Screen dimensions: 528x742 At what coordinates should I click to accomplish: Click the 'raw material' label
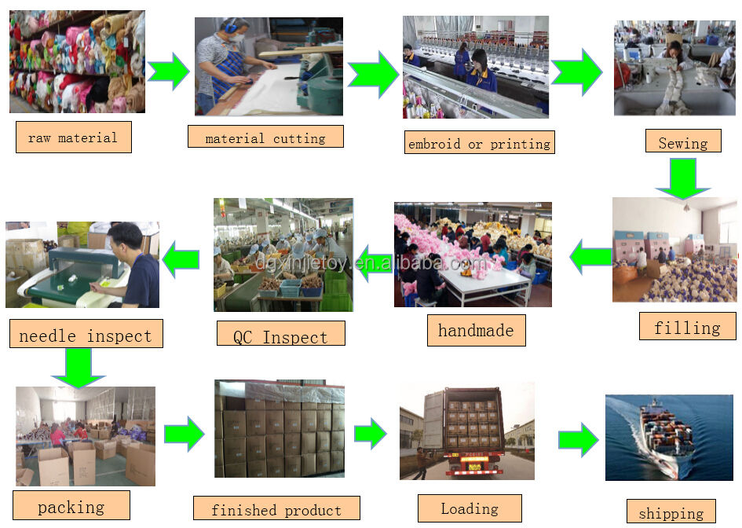tap(73, 137)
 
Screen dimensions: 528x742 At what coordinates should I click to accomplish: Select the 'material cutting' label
tap(265, 137)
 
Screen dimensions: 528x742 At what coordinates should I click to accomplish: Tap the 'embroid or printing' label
tap(479, 143)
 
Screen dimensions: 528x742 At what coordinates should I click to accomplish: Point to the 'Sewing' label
tap(682, 142)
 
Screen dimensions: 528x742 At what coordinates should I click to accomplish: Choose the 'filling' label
tap(687, 327)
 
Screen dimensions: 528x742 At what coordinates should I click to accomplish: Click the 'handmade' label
tap(476, 330)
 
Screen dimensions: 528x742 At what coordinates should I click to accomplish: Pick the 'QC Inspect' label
tap(280, 336)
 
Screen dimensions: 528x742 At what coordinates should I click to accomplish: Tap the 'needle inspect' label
tap(85, 335)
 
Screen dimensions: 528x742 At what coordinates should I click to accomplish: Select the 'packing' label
tap(71, 507)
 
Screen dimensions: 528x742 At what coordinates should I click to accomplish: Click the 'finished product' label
tap(276, 509)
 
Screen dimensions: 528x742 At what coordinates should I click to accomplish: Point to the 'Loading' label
tap(470, 508)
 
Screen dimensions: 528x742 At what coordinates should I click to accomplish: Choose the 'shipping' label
tap(671, 512)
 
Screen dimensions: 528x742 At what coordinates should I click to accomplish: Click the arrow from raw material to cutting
tap(168, 71)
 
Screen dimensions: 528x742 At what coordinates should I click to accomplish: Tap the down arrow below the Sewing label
tap(682, 178)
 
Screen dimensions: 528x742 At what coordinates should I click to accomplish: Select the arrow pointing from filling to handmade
tap(591, 256)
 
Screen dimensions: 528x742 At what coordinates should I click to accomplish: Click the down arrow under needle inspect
tap(79, 367)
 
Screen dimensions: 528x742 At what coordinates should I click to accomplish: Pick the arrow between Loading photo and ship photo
tap(579, 439)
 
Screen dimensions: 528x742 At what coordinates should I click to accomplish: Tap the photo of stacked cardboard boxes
tap(279, 429)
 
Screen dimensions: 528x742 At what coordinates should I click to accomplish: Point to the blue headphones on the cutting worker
tap(232, 29)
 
